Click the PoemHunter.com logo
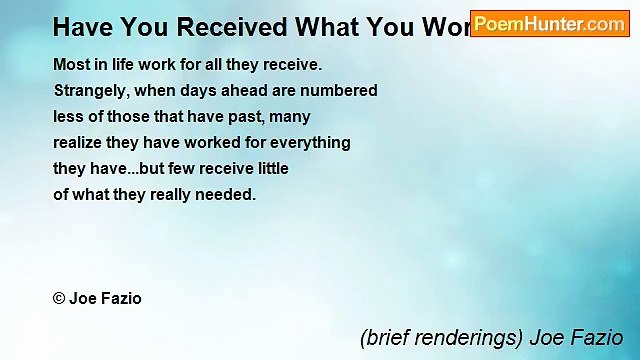[x=549, y=24]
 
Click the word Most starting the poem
[x=71, y=65]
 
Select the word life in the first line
[x=124, y=65]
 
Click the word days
[x=206, y=91]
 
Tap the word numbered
[x=342, y=91]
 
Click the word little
[x=270, y=169]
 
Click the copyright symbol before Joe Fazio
[x=59, y=299]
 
